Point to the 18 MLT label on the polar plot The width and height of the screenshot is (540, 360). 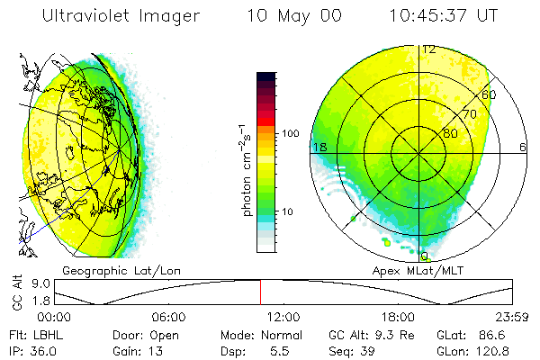[319, 147]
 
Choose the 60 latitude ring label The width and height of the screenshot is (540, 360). [490, 94]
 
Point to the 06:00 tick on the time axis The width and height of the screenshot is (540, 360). [169, 318]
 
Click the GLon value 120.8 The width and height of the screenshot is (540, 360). [493, 350]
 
